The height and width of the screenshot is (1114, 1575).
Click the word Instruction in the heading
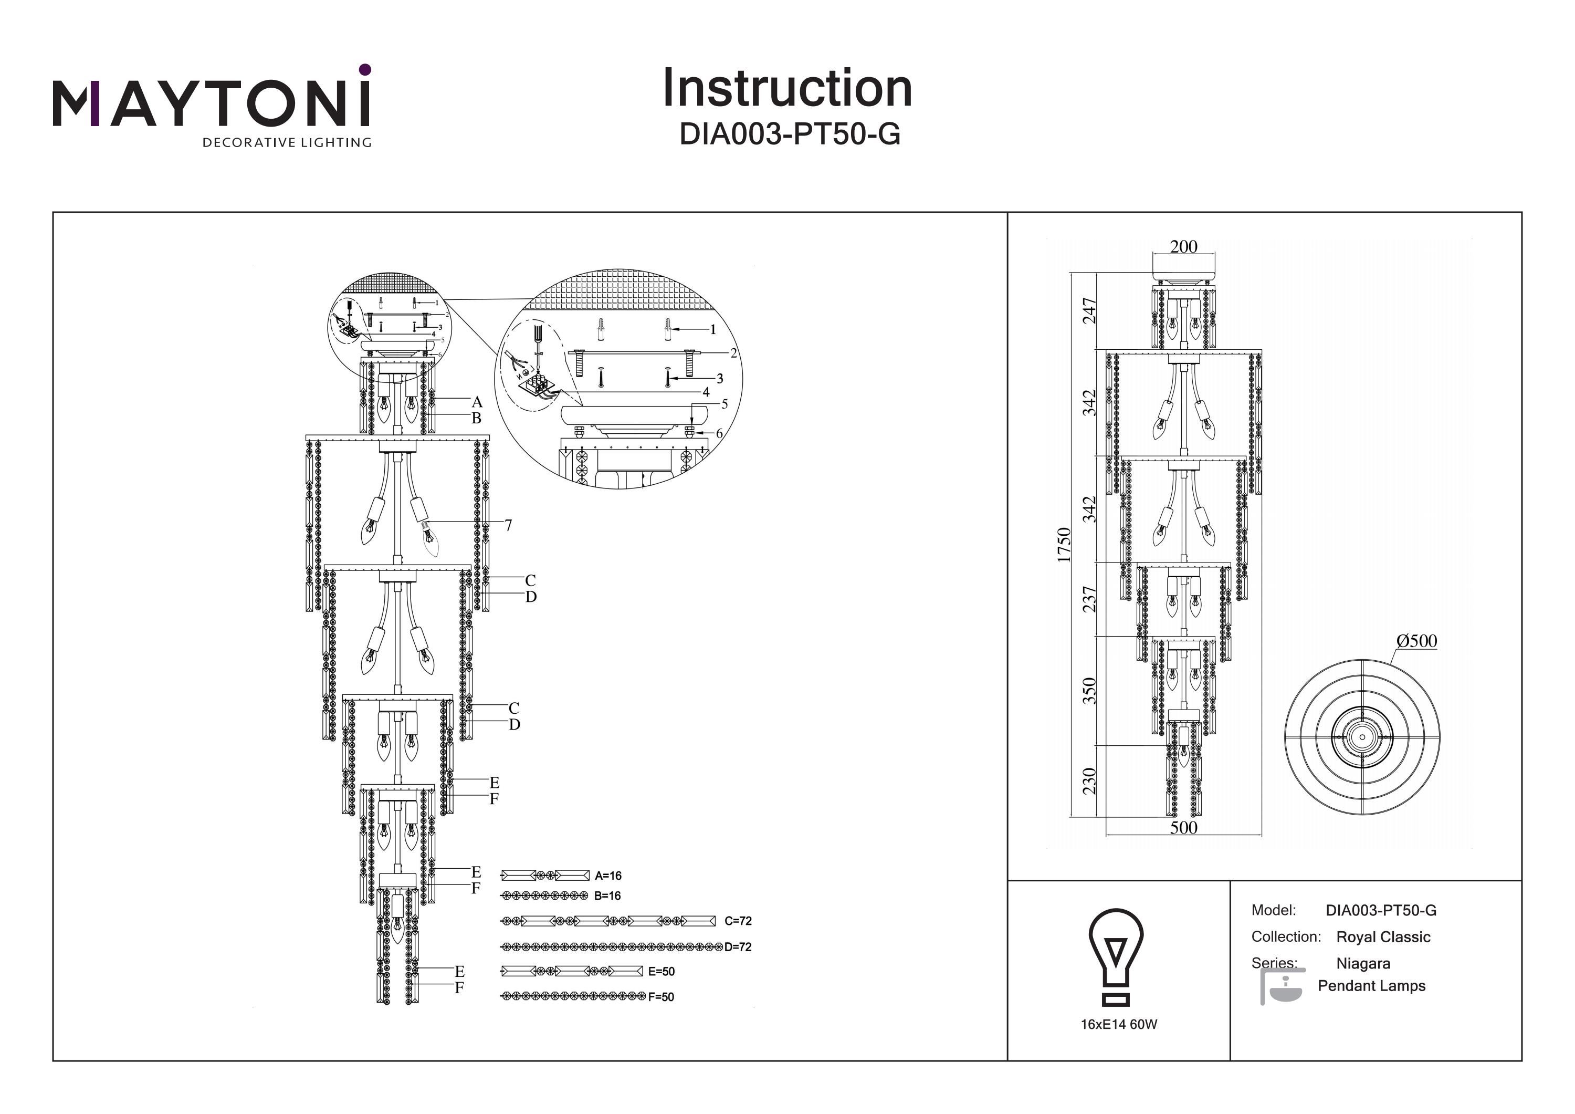787,89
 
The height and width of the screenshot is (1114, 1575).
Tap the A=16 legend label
608,876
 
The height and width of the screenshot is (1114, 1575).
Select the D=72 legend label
738,947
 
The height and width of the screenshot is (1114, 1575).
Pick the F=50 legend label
660,997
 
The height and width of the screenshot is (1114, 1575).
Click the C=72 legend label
738,921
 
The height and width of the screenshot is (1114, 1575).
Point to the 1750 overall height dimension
1064,545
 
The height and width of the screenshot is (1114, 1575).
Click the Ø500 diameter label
1416,641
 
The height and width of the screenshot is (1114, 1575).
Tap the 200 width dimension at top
1183,247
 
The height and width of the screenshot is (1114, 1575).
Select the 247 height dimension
1089,310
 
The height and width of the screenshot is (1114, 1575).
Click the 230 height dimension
1089,781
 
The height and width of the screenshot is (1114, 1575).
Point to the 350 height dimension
1089,691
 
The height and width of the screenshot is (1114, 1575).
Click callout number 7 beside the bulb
508,526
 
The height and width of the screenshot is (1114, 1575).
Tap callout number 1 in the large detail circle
713,330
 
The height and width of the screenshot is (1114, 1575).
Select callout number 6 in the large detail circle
719,434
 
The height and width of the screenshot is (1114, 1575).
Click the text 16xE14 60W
1119,1025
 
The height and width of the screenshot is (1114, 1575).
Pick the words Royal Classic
1383,938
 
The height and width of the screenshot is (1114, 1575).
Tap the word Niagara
1363,964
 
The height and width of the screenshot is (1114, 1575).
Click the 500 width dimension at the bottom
1183,828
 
